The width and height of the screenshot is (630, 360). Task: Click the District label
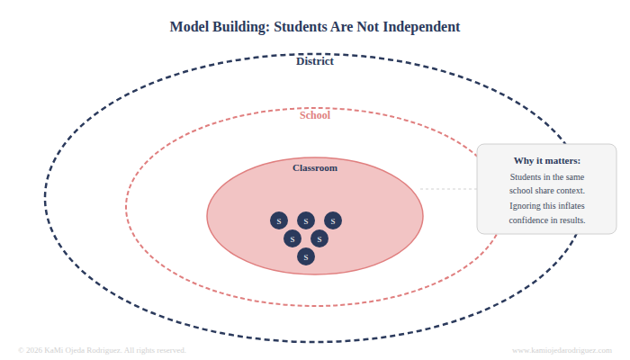click(315, 61)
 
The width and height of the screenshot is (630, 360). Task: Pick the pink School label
click(315, 115)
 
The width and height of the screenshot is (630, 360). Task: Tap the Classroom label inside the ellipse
click(315, 168)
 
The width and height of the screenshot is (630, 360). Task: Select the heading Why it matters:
click(547, 161)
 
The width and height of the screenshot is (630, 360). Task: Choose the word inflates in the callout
click(567, 205)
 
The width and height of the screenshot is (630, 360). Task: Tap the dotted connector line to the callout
click(448, 189)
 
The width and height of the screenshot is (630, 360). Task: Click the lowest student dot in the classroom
click(306, 256)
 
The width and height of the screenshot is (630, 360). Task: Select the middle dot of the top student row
click(306, 220)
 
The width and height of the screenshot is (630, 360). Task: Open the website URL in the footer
click(562, 350)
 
